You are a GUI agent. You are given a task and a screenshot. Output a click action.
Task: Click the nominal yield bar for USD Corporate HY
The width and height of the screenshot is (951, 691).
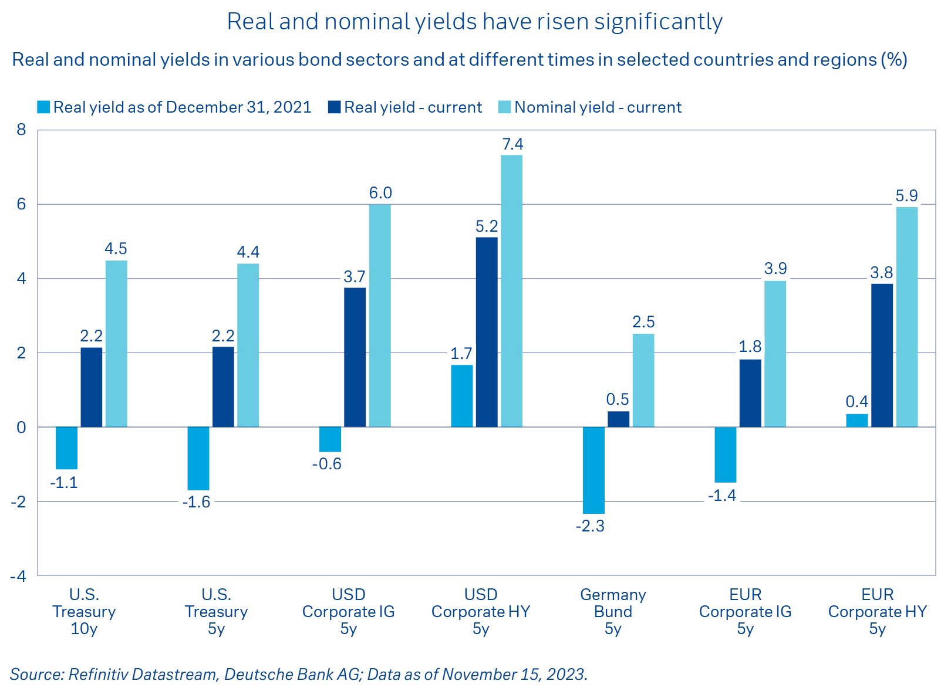pos(511,291)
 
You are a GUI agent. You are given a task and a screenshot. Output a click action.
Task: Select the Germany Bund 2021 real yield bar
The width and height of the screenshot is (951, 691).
pos(593,470)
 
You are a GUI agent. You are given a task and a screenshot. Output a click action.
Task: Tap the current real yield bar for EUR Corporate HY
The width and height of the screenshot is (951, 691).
pos(882,355)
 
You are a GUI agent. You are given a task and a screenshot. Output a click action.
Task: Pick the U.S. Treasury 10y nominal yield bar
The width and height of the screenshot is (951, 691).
pos(116,344)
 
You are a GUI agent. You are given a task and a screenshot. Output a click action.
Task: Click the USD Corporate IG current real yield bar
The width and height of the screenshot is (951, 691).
pos(355,357)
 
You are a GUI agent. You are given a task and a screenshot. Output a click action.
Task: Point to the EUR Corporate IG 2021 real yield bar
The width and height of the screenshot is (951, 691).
pos(725,455)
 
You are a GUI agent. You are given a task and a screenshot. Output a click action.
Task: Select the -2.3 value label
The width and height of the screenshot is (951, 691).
pos(590,526)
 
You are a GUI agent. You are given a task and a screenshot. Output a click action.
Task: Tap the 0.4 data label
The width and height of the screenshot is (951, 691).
pos(856,402)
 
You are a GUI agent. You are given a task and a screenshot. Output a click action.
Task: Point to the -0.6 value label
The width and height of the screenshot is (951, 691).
pos(326,464)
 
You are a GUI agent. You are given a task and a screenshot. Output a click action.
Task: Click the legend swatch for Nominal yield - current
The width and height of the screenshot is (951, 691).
pos(504,107)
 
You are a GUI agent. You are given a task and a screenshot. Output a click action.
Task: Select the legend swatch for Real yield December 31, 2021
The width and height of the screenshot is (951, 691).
pos(43,107)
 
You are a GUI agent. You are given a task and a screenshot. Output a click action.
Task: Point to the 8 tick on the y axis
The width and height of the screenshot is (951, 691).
pos(22,130)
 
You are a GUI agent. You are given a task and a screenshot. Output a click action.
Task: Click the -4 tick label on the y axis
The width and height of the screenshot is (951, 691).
pos(18,576)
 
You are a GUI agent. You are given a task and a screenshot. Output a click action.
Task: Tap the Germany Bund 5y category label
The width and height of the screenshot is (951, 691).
pos(613,611)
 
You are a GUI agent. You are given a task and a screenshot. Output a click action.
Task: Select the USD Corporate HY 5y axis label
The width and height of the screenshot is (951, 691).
pos(480,611)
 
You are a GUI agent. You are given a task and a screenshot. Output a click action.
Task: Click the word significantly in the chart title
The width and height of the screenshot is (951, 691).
pos(658,22)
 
